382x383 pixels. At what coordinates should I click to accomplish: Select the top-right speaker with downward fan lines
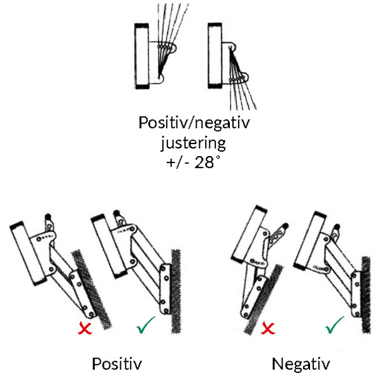[x=215, y=55]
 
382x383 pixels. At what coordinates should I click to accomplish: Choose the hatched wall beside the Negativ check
[x=367, y=293]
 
